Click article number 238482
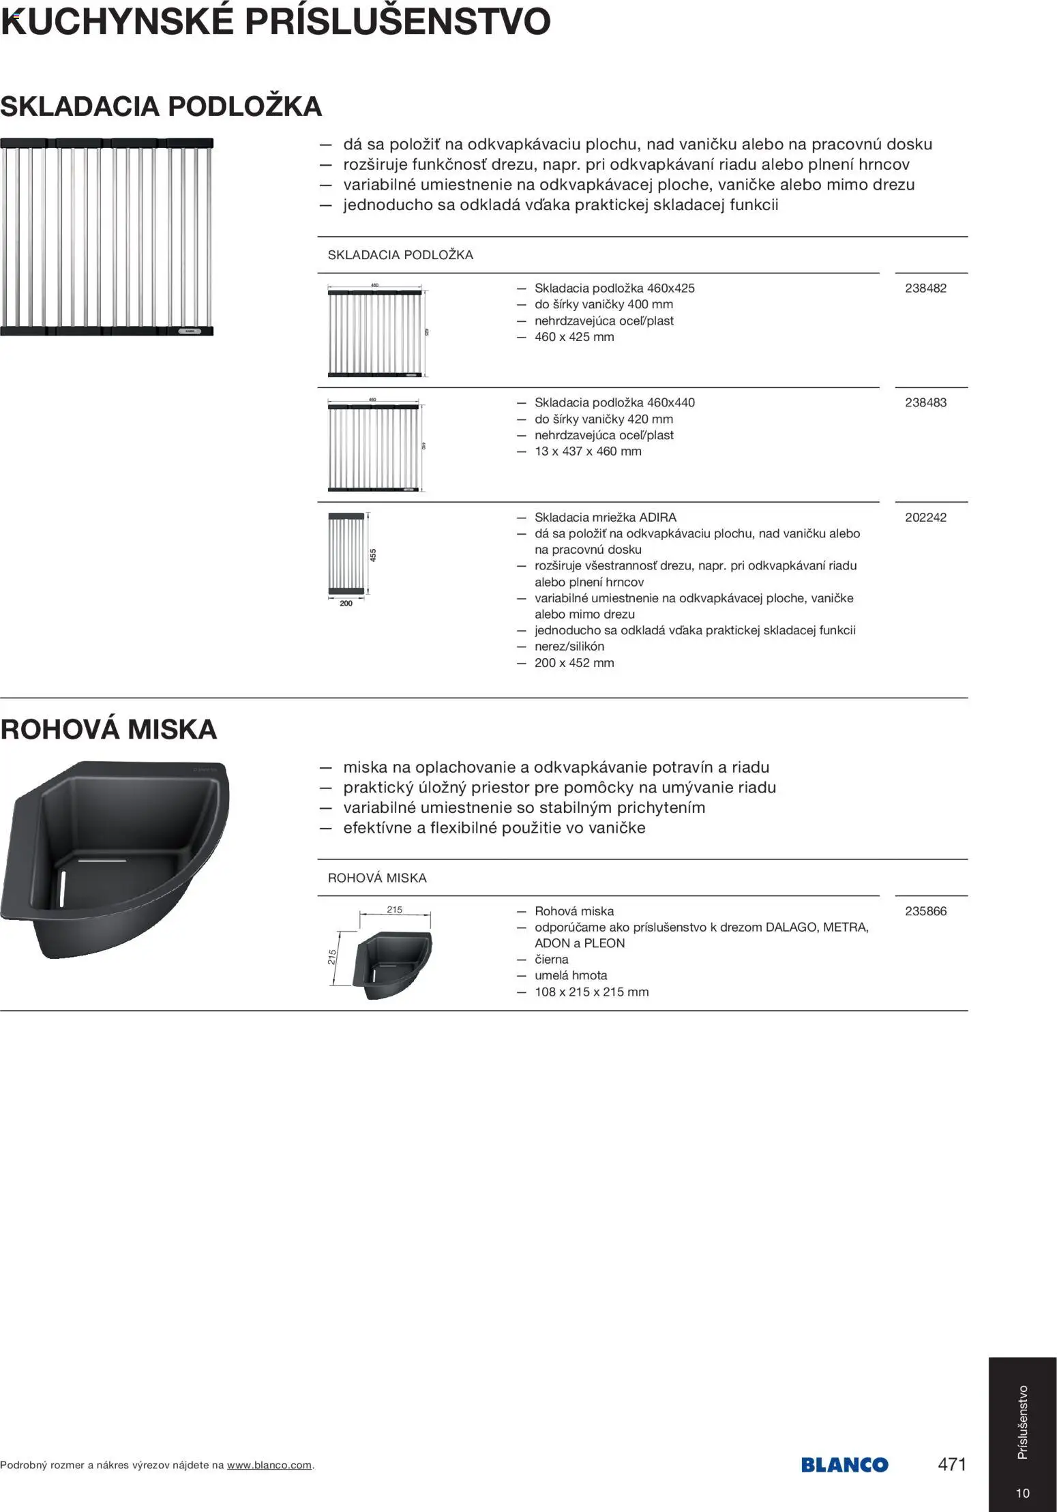pyautogui.click(x=925, y=288)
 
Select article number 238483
pyautogui.click(x=925, y=403)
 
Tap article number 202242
pyautogui.click(x=925, y=518)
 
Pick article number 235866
pyautogui.click(x=925, y=911)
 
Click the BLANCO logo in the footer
pyautogui.click(x=844, y=1464)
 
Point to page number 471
pyautogui.click(x=952, y=1464)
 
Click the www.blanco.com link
pyautogui.click(x=269, y=1465)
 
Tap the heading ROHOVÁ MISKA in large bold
pyautogui.click(x=108, y=730)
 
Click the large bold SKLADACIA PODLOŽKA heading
pyautogui.click(x=161, y=106)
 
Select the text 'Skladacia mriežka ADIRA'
pyautogui.click(x=605, y=518)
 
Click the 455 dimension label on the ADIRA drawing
pyautogui.click(x=373, y=555)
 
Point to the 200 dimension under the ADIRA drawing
pyautogui.click(x=346, y=604)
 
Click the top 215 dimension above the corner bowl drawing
pyautogui.click(x=394, y=910)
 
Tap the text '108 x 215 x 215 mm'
pyautogui.click(x=591, y=992)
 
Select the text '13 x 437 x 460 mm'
pyautogui.click(x=588, y=451)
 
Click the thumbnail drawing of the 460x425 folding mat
pyautogui.click(x=376, y=331)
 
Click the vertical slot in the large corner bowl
pyautogui.click(x=63, y=887)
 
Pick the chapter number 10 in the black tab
pyautogui.click(x=1022, y=1494)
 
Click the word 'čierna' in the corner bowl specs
pyautogui.click(x=551, y=960)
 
